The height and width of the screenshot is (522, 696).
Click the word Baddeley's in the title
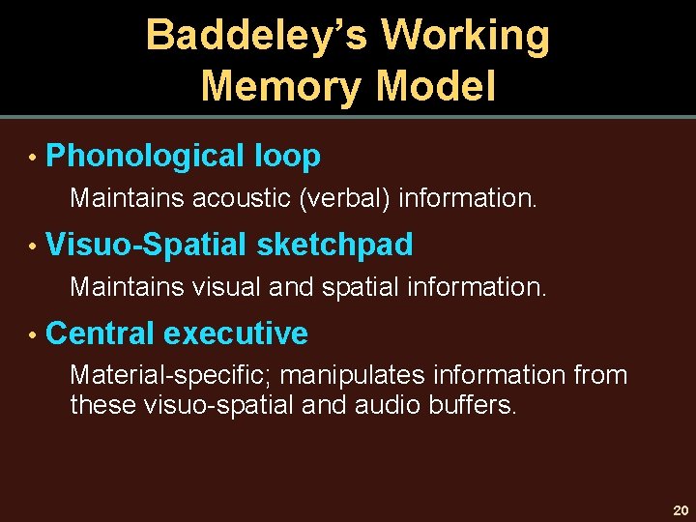[x=255, y=37]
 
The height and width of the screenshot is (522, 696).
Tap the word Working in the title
[x=465, y=37]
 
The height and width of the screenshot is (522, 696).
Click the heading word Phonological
[x=145, y=157]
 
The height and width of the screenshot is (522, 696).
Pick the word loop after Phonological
[x=287, y=157]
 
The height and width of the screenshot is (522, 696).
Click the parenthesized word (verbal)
[x=345, y=198]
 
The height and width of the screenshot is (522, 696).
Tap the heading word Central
[x=100, y=333]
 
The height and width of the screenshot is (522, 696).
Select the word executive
[x=236, y=333]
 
